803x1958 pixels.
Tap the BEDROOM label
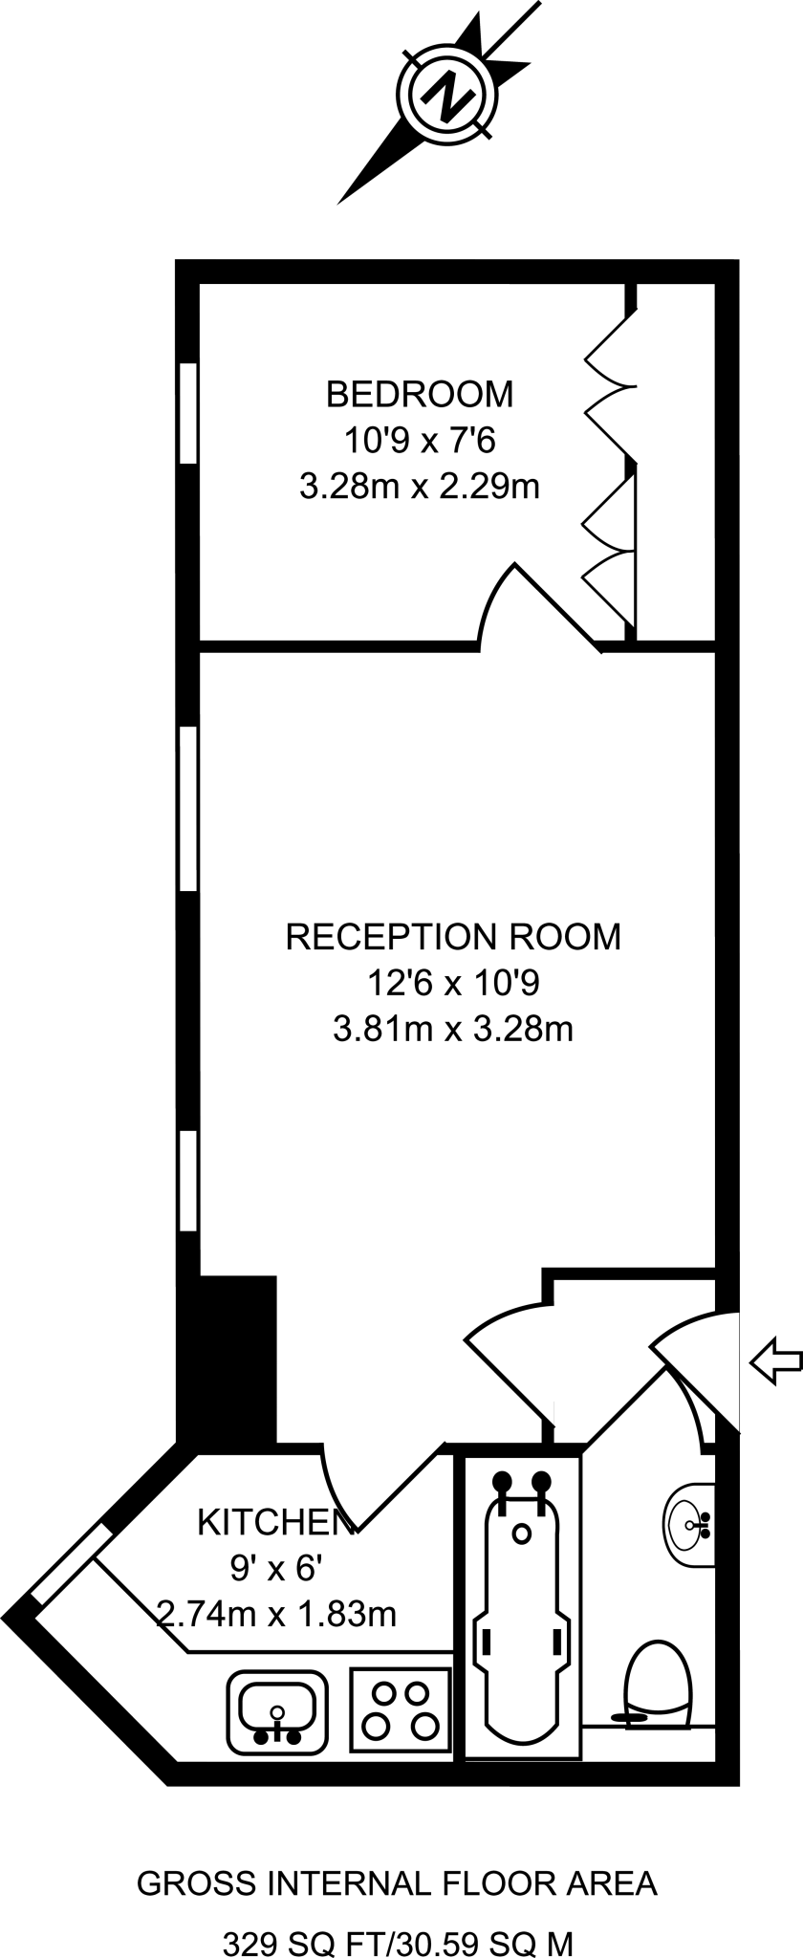tap(420, 393)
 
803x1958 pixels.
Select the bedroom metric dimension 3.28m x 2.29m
tap(420, 487)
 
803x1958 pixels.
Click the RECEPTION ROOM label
tap(453, 936)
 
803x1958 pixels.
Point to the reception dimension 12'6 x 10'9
tap(453, 982)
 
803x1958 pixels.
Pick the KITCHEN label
tap(270, 1522)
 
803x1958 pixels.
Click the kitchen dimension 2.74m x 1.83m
tap(276, 1614)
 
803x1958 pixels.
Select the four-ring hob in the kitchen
tap(401, 1709)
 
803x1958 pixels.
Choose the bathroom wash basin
tap(688, 1525)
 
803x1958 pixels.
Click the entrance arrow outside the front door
tap(774, 1360)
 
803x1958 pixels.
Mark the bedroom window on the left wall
tap(188, 413)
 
